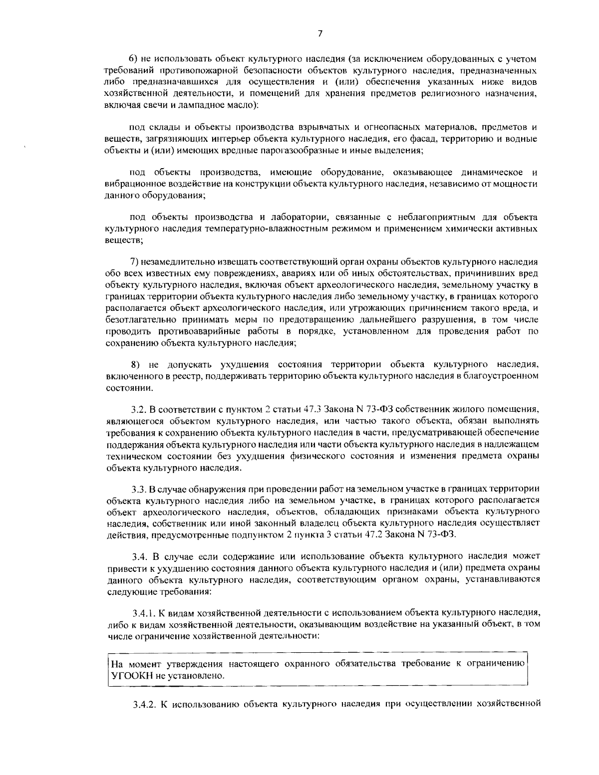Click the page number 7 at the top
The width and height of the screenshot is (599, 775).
coord(319,33)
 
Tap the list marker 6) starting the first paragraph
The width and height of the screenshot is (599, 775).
coord(133,59)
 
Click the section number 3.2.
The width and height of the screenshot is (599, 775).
coord(138,410)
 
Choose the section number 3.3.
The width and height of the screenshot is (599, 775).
coord(138,488)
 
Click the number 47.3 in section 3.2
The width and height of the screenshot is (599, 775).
coord(312,410)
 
